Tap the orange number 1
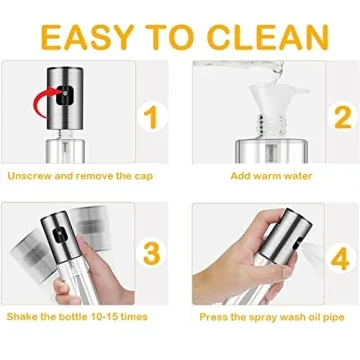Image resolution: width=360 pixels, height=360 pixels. point(149,117)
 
